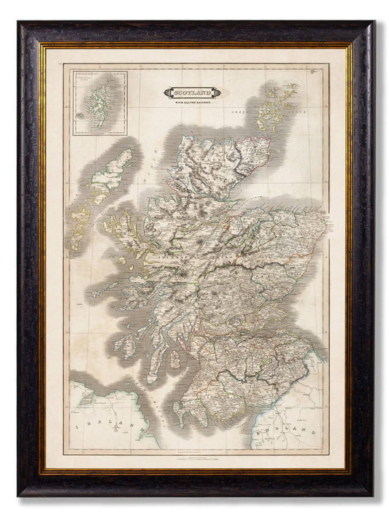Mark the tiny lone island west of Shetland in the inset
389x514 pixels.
[77, 114]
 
